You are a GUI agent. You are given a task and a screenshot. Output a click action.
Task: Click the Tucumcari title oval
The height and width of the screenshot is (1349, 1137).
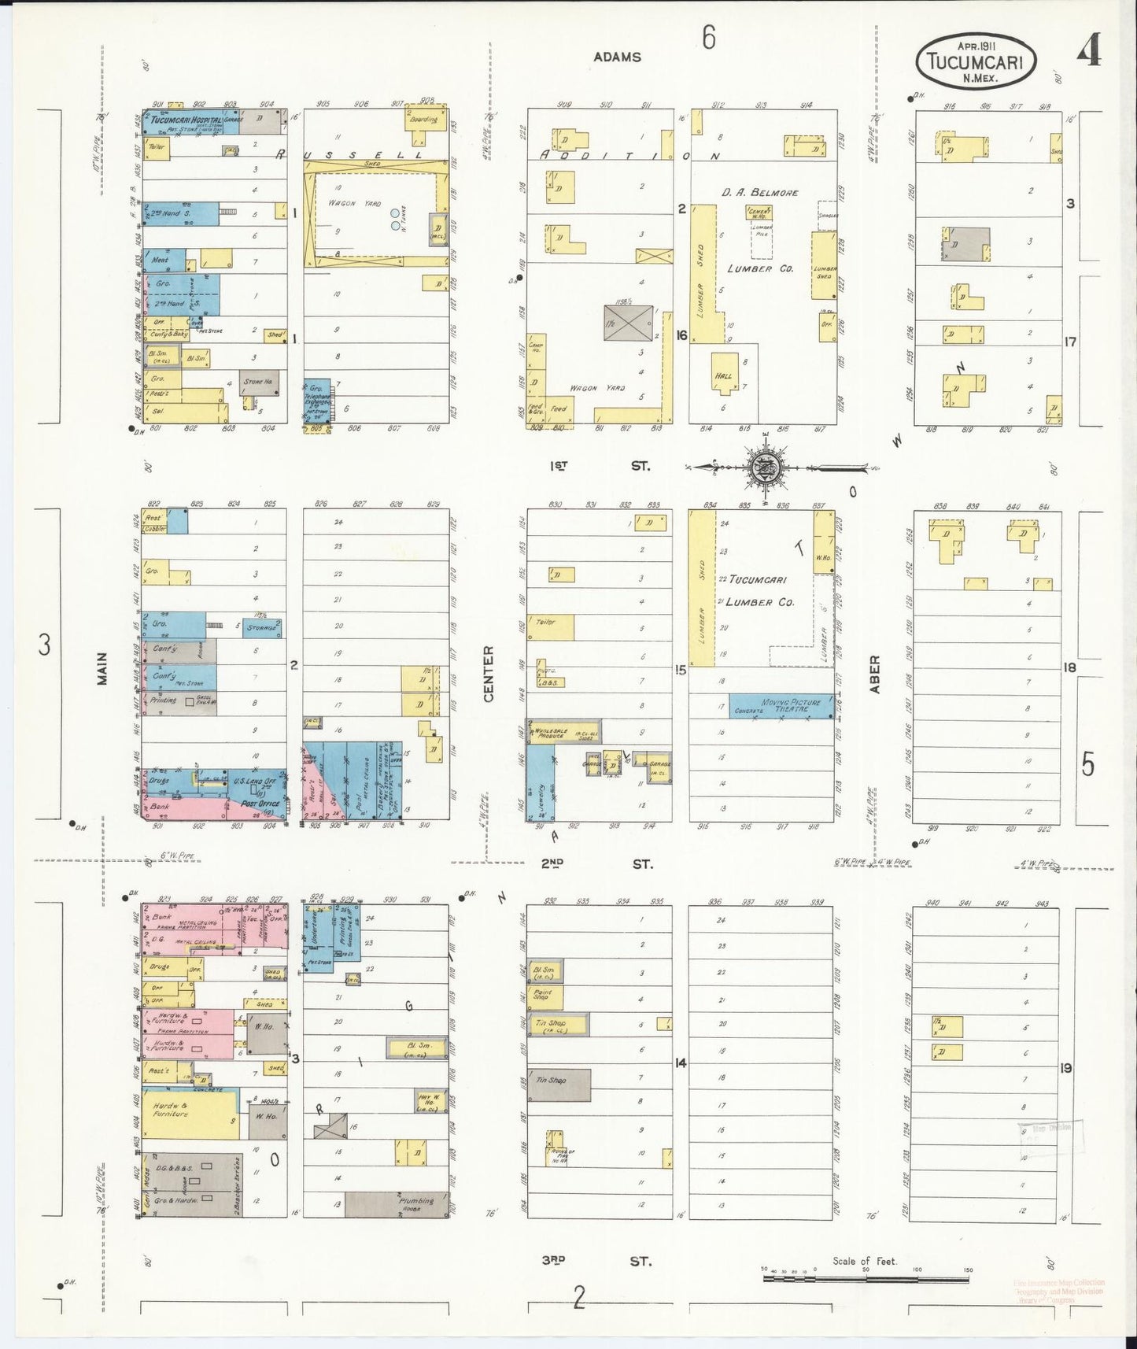[976, 60]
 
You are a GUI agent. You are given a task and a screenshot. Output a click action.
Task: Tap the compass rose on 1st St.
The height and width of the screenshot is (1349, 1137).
[763, 468]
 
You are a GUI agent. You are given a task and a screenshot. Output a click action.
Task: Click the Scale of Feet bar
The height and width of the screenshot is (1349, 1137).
[866, 1278]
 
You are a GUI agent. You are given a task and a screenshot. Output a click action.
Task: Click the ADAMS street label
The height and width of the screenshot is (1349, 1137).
[617, 57]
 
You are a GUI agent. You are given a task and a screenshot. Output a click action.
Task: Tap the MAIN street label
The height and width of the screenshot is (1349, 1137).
[102, 669]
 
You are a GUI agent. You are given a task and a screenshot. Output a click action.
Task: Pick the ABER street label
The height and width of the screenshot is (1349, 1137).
[874, 674]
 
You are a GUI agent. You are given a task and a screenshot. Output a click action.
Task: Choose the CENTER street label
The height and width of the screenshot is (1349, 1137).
[488, 674]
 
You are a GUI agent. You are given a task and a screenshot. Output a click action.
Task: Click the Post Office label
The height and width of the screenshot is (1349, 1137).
[260, 804]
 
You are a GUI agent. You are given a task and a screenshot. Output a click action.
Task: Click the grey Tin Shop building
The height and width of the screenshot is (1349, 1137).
[559, 1084]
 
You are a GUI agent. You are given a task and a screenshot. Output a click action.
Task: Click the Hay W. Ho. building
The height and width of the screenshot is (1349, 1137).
[428, 1102]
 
